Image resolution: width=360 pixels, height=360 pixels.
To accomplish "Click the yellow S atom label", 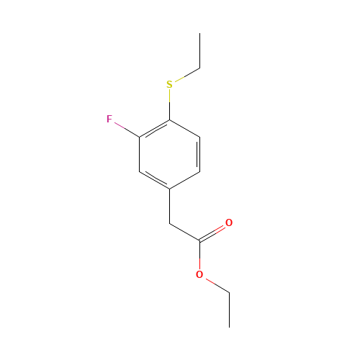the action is click(170, 85).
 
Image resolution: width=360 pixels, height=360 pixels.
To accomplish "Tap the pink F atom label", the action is click(109, 119).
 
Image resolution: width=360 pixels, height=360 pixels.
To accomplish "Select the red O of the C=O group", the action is click(229, 223).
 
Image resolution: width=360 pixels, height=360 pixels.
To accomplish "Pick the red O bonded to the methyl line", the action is click(199, 274).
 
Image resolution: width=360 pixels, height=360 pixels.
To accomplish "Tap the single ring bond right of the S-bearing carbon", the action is click(185, 127).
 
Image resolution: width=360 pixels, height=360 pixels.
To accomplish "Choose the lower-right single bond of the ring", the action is click(185, 180).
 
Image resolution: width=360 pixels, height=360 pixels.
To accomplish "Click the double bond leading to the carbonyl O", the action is click(214, 232).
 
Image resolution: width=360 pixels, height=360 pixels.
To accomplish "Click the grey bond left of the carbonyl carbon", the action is click(184, 233).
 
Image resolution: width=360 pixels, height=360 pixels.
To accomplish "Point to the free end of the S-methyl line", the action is click(199, 68).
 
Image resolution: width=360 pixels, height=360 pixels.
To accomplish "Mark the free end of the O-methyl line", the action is click(229, 292).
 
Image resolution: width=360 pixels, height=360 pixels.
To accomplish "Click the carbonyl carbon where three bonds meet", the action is click(199, 241).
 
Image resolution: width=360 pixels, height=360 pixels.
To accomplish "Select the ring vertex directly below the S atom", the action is click(170, 119).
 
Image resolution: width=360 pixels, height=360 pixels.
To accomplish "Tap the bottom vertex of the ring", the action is click(170, 189).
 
